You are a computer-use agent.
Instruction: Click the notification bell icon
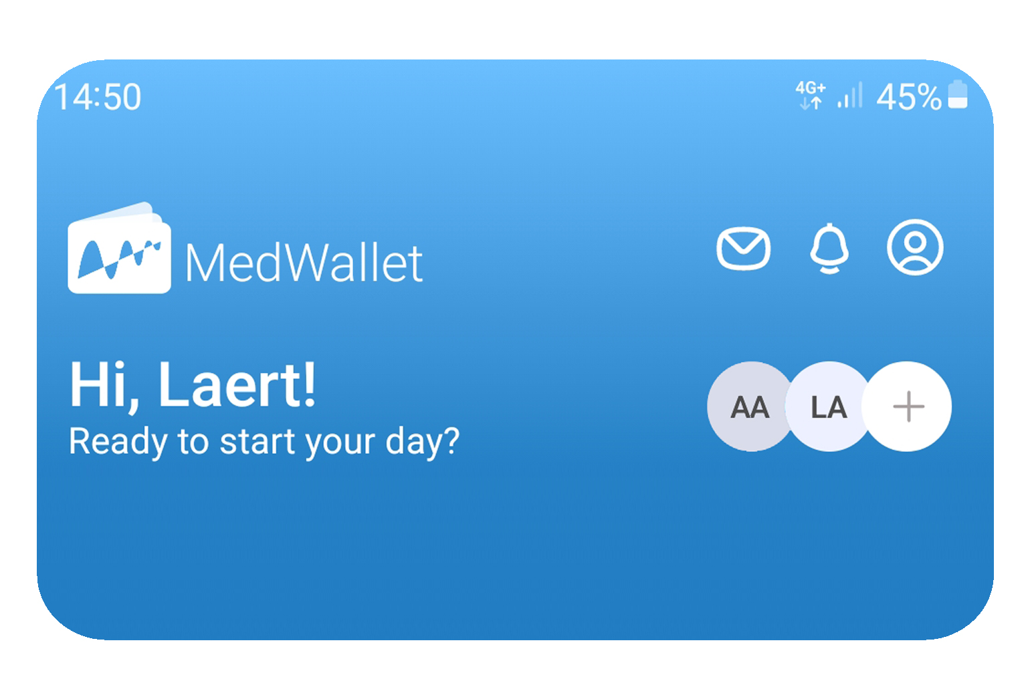tap(829, 249)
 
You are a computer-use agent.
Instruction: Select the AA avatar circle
tap(750, 406)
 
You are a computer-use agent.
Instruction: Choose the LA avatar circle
tap(828, 406)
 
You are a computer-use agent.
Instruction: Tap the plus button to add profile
tap(908, 406)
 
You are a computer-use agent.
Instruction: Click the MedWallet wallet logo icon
tap(119, 248)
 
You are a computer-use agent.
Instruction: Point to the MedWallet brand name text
tap(304, 263)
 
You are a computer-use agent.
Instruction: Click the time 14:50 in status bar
tap(98, 97)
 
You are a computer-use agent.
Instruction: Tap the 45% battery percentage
tap(909, 97)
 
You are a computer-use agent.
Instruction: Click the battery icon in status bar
tap(958, 94)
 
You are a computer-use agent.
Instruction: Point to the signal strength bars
tap(849, 95)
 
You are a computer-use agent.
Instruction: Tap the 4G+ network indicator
tap(811, 95)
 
